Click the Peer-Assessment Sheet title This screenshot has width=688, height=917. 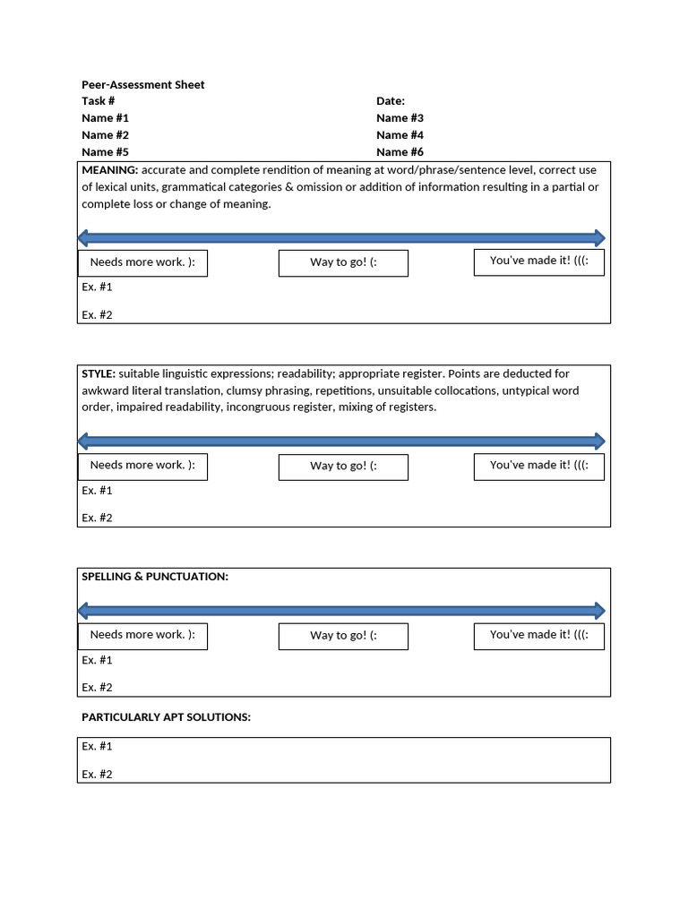[142, 85]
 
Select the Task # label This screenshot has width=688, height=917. [98, 101]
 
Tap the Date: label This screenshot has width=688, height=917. [391, 101]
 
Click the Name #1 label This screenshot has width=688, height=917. [105, 118]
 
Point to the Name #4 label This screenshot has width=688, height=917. [400, 135]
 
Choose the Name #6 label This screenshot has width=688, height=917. [400, 152]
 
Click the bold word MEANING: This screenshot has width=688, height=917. [110, 170]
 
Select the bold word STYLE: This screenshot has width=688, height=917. [99, 373]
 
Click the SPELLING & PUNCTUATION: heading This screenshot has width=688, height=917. [155, 577]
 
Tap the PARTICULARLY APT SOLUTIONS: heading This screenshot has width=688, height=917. [166, 717]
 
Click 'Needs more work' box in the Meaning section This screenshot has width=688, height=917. [142, 262]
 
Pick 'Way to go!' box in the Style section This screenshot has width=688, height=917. [343, 467]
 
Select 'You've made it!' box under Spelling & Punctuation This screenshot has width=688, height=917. [538, 635]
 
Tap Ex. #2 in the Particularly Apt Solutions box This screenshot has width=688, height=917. [97, 775]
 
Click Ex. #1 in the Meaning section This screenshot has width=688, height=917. [97, 287]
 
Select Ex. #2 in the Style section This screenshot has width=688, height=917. [97, 518]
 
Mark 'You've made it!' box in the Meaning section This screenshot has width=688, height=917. [538, 261]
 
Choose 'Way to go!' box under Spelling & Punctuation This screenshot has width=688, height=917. [343, 636]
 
